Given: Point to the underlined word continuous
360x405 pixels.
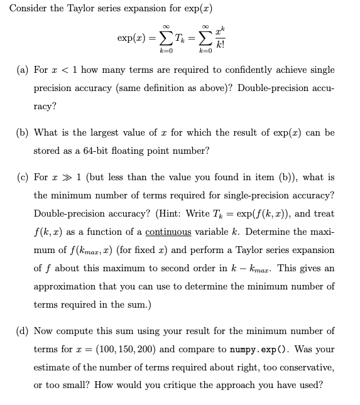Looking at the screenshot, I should coord(168,232).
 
